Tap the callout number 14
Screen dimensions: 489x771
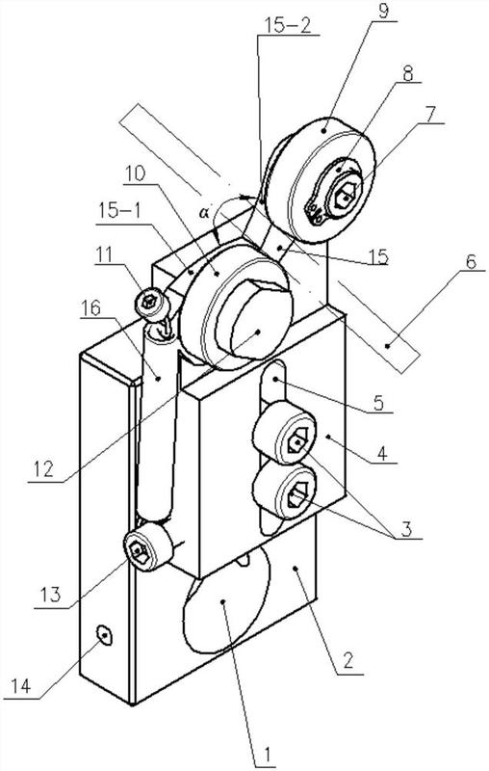coord(19,686)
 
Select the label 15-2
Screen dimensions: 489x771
coord(289,26)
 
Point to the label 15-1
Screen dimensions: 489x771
coord(118,211)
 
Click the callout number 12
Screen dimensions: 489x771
coord(43,468)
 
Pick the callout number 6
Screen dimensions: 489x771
coord(471,261)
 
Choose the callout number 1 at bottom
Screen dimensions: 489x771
coord(267,754)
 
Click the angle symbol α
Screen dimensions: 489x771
coord(204,212)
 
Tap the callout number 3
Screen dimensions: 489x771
coord(406,529)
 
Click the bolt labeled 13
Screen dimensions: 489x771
coord(146,546)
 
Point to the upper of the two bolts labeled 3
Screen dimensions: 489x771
coord(285,433)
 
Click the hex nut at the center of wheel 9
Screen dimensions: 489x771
coord(346,194)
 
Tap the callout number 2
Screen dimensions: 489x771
coord(347,661)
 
